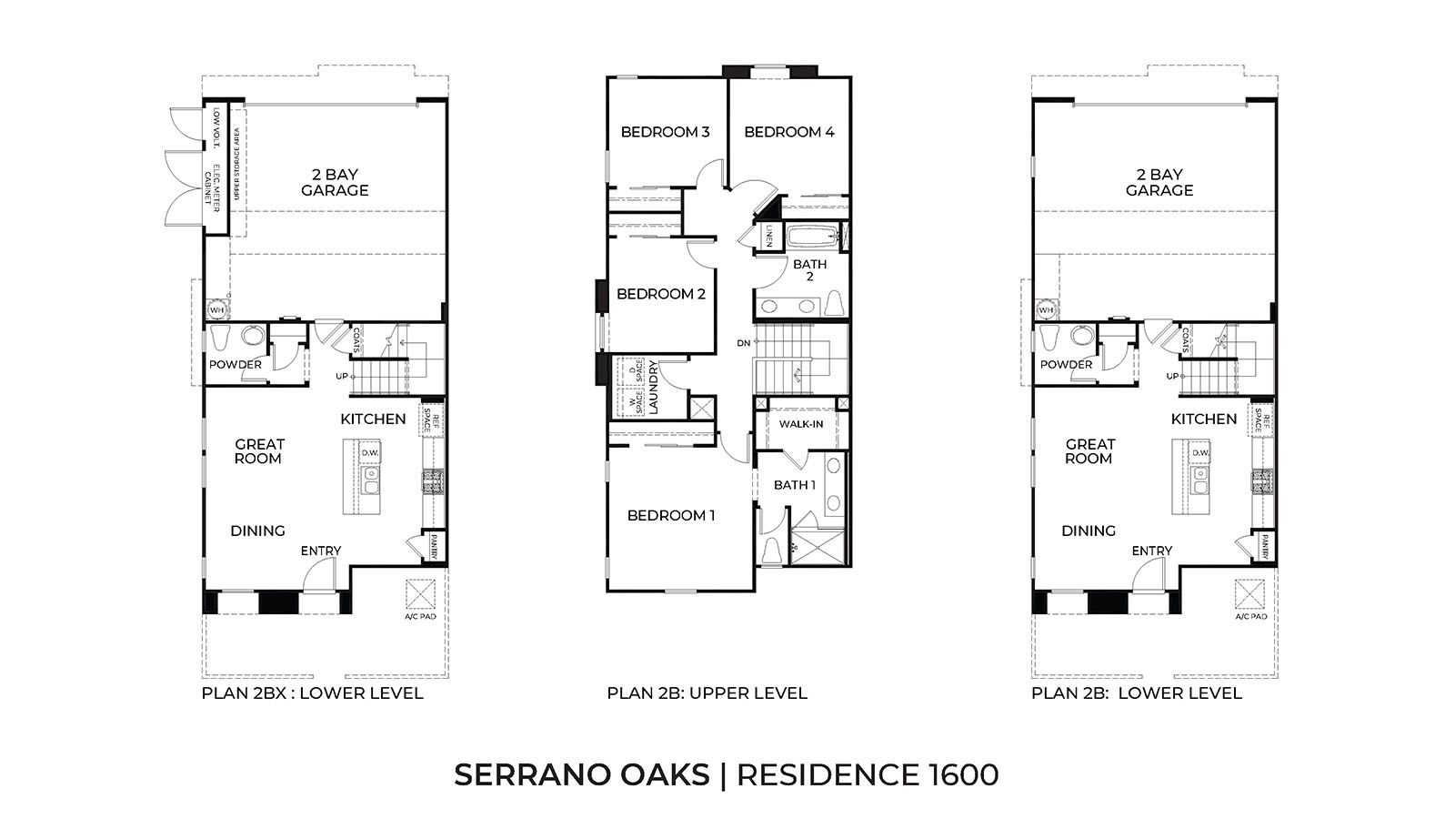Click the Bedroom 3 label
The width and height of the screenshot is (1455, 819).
click(x=665, y=132)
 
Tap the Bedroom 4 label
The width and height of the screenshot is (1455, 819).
click(x=788, y=132)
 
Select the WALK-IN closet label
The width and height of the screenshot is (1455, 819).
click(x=801, y=424)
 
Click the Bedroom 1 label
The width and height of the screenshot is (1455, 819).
click(x=671, y=516)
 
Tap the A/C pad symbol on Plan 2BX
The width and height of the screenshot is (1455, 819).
click(x=420, y=595)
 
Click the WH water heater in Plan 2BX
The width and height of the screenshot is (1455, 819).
click(x=216, y=310)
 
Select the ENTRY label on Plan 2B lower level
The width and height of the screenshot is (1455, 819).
click(x=1151, y=551)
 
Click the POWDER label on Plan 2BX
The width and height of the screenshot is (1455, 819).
click(x=236, y=365)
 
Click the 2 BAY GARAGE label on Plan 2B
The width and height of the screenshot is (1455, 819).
click(x=1159, y=182)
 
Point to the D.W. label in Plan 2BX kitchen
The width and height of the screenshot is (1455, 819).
click(x=369, y=452)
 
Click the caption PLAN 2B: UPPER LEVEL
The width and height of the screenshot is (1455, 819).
click(x=707, y=693)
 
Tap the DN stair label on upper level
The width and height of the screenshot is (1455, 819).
click(x=744, y=343)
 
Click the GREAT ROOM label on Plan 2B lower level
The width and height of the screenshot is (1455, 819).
click(x=1089, y=451)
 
